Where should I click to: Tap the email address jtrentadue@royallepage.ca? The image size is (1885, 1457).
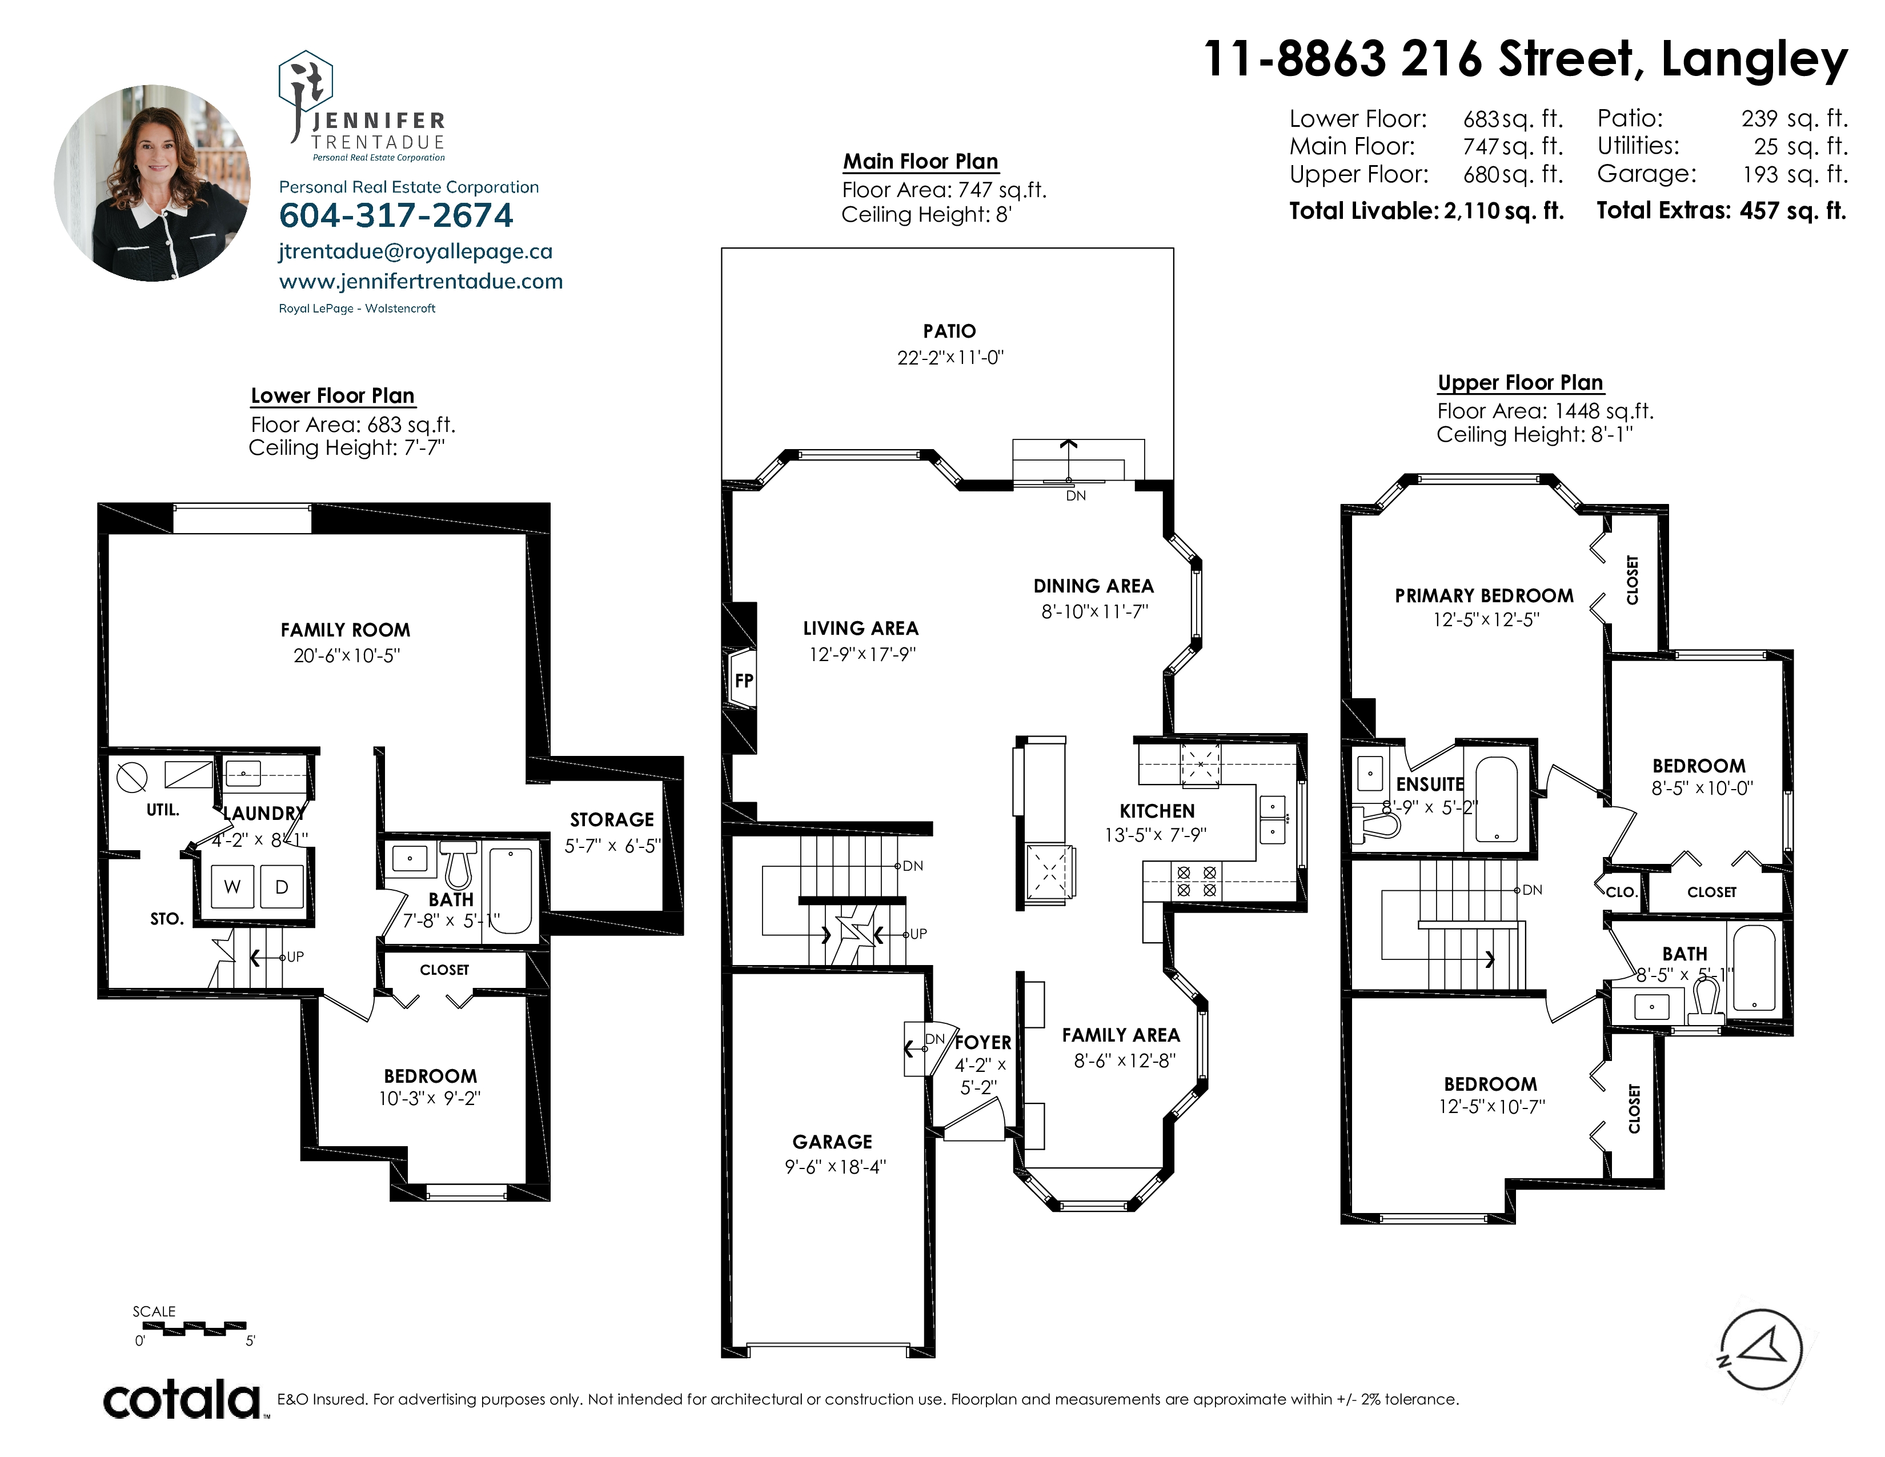coord(416,251)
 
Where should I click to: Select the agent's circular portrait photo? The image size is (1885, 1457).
coord(153,183)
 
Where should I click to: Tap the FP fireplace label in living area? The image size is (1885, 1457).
coord(744,680)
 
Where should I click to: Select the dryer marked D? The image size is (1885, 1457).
coord(282,886)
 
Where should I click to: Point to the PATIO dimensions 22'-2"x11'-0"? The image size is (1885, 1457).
coord(950,357)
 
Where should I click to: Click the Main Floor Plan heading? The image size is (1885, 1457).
coord(920,161)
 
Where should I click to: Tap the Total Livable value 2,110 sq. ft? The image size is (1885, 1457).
coord(1503,211)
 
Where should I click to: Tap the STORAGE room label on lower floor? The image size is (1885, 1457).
coord(612,819)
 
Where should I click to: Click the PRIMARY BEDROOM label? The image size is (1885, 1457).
coord(1483,595)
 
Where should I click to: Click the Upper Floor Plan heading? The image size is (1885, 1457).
coord(1520,382)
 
